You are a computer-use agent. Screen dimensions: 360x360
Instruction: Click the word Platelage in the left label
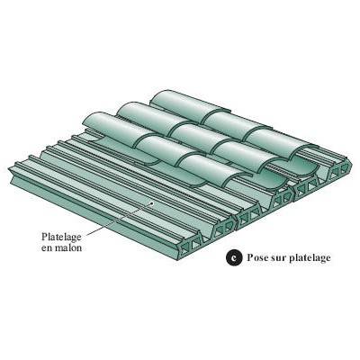(61, 238)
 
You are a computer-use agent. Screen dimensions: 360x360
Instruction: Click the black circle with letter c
(234, 257)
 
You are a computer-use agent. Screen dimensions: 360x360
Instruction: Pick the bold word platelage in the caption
(310, 258)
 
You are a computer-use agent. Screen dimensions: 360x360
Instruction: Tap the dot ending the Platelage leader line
(152, 203)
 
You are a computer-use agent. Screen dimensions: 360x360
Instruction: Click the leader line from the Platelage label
(118, 219)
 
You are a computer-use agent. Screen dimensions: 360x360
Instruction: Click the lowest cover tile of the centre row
(250, 157)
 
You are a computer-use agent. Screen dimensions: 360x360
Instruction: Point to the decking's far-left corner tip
(8, 168)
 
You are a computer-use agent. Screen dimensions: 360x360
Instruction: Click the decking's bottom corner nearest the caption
(180, 258)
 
